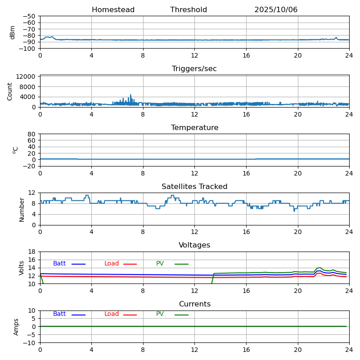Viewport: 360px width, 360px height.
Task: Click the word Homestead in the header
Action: (113, 10)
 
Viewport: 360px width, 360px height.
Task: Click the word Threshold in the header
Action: (189, 10)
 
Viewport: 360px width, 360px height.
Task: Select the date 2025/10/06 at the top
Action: (276, 10)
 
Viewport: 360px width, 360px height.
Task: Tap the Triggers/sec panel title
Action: (194, 69)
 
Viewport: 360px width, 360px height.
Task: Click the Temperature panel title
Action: (194, 128)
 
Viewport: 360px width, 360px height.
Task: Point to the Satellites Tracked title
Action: (194, 187)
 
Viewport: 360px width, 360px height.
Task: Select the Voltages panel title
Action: (194, 245)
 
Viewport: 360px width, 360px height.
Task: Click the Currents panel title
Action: (194, 304)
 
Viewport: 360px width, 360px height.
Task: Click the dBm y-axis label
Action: (13, 32)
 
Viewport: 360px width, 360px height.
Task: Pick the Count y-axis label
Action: (10, 91)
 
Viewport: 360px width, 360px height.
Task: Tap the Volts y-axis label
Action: (22, 268)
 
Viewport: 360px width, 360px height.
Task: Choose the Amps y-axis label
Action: (16, 327)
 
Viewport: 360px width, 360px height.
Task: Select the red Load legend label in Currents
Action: (112, 314)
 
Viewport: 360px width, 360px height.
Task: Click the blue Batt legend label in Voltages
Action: (59, 264)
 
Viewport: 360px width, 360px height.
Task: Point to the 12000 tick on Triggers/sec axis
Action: (27, 77)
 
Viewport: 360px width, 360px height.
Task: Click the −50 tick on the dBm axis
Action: (29, 16)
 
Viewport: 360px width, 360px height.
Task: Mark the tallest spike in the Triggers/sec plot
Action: (131, 95)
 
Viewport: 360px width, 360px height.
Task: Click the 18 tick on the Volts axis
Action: (32, 252)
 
